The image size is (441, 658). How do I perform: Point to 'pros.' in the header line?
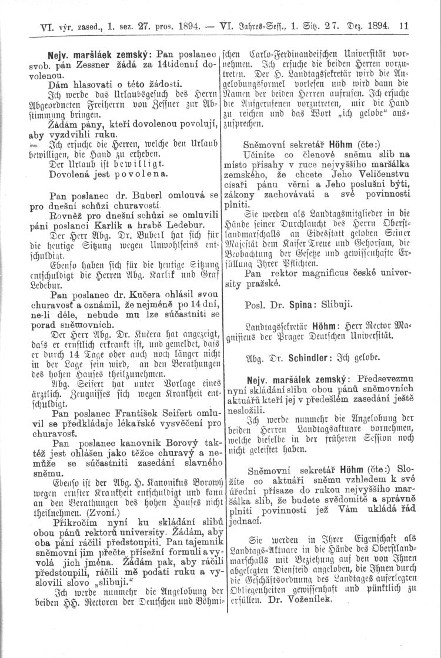171,26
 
